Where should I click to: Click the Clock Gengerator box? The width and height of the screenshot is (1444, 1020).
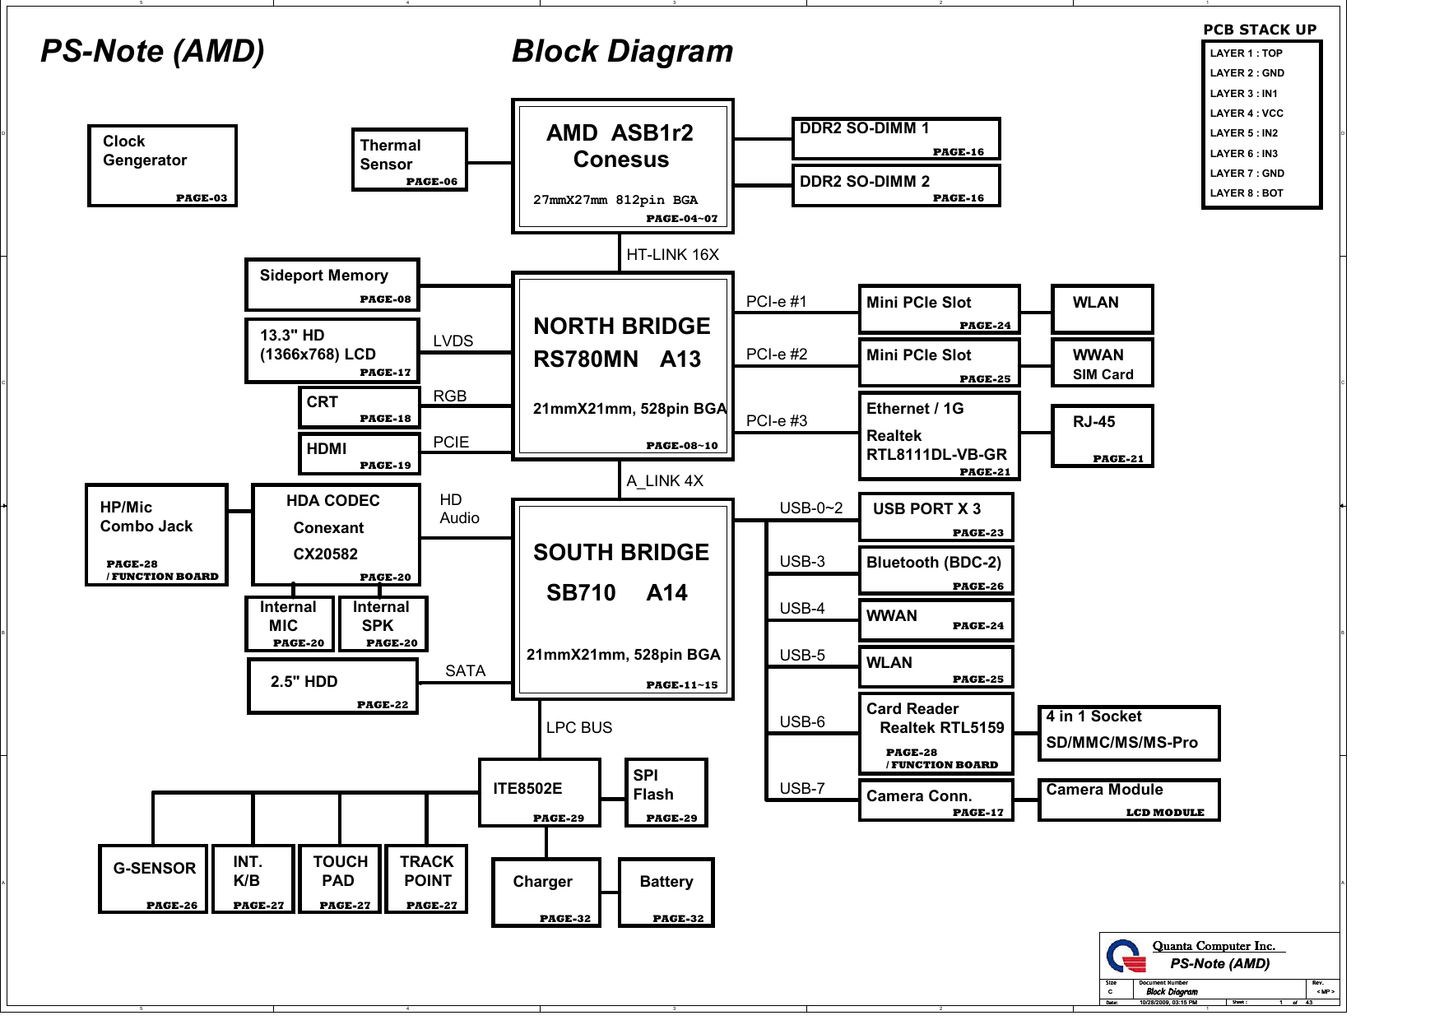point(162,165)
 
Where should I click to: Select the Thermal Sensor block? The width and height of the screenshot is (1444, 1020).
point(409,160)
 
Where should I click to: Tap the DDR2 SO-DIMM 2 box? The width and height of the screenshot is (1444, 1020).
point(895,186)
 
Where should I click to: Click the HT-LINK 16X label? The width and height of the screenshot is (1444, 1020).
point(672,255)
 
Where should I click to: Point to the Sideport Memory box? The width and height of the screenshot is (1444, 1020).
point(332,285)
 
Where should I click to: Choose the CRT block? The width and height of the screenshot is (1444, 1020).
point(359,407)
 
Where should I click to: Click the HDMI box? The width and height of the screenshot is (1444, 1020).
point(359,454)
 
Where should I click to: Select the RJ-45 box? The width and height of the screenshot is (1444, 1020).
point(1102,436)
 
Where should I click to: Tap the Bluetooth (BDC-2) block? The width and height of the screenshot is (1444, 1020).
point(936,570)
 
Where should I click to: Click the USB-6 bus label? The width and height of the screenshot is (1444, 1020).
point(801,722)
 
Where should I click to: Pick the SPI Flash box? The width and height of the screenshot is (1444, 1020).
point(666,792)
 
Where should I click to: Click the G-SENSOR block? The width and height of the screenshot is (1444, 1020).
point(153,879)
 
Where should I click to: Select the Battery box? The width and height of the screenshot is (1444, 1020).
point(666,892)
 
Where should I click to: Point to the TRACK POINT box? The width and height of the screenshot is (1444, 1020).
point(426,879)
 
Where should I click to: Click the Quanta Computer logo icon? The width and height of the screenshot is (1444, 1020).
point(1125,957)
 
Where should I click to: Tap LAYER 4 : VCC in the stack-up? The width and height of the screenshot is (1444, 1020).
point(1246,114)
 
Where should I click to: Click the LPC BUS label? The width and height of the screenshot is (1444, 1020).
point(579,728)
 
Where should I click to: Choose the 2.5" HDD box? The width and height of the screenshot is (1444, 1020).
point(332,686)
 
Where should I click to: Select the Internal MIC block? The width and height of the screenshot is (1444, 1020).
point(290,624)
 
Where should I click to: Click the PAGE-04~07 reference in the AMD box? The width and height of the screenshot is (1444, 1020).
point(681,219)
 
